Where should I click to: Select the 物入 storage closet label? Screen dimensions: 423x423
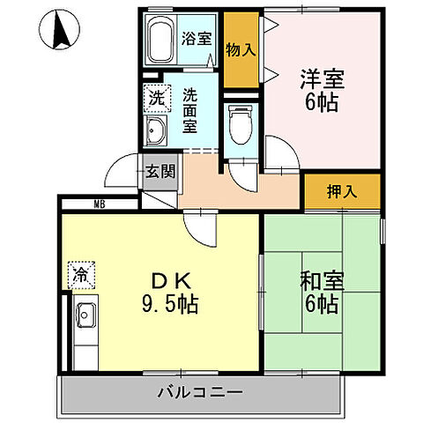(240, 49)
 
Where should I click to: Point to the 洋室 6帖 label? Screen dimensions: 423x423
(322, 88)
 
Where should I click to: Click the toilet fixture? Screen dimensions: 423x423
(238, 123)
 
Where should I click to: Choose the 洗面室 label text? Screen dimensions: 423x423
(190, 109)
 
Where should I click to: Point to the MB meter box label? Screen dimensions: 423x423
(100, 204)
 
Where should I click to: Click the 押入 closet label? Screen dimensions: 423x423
(341, 190)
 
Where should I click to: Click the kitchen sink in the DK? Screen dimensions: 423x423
(86, 313)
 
